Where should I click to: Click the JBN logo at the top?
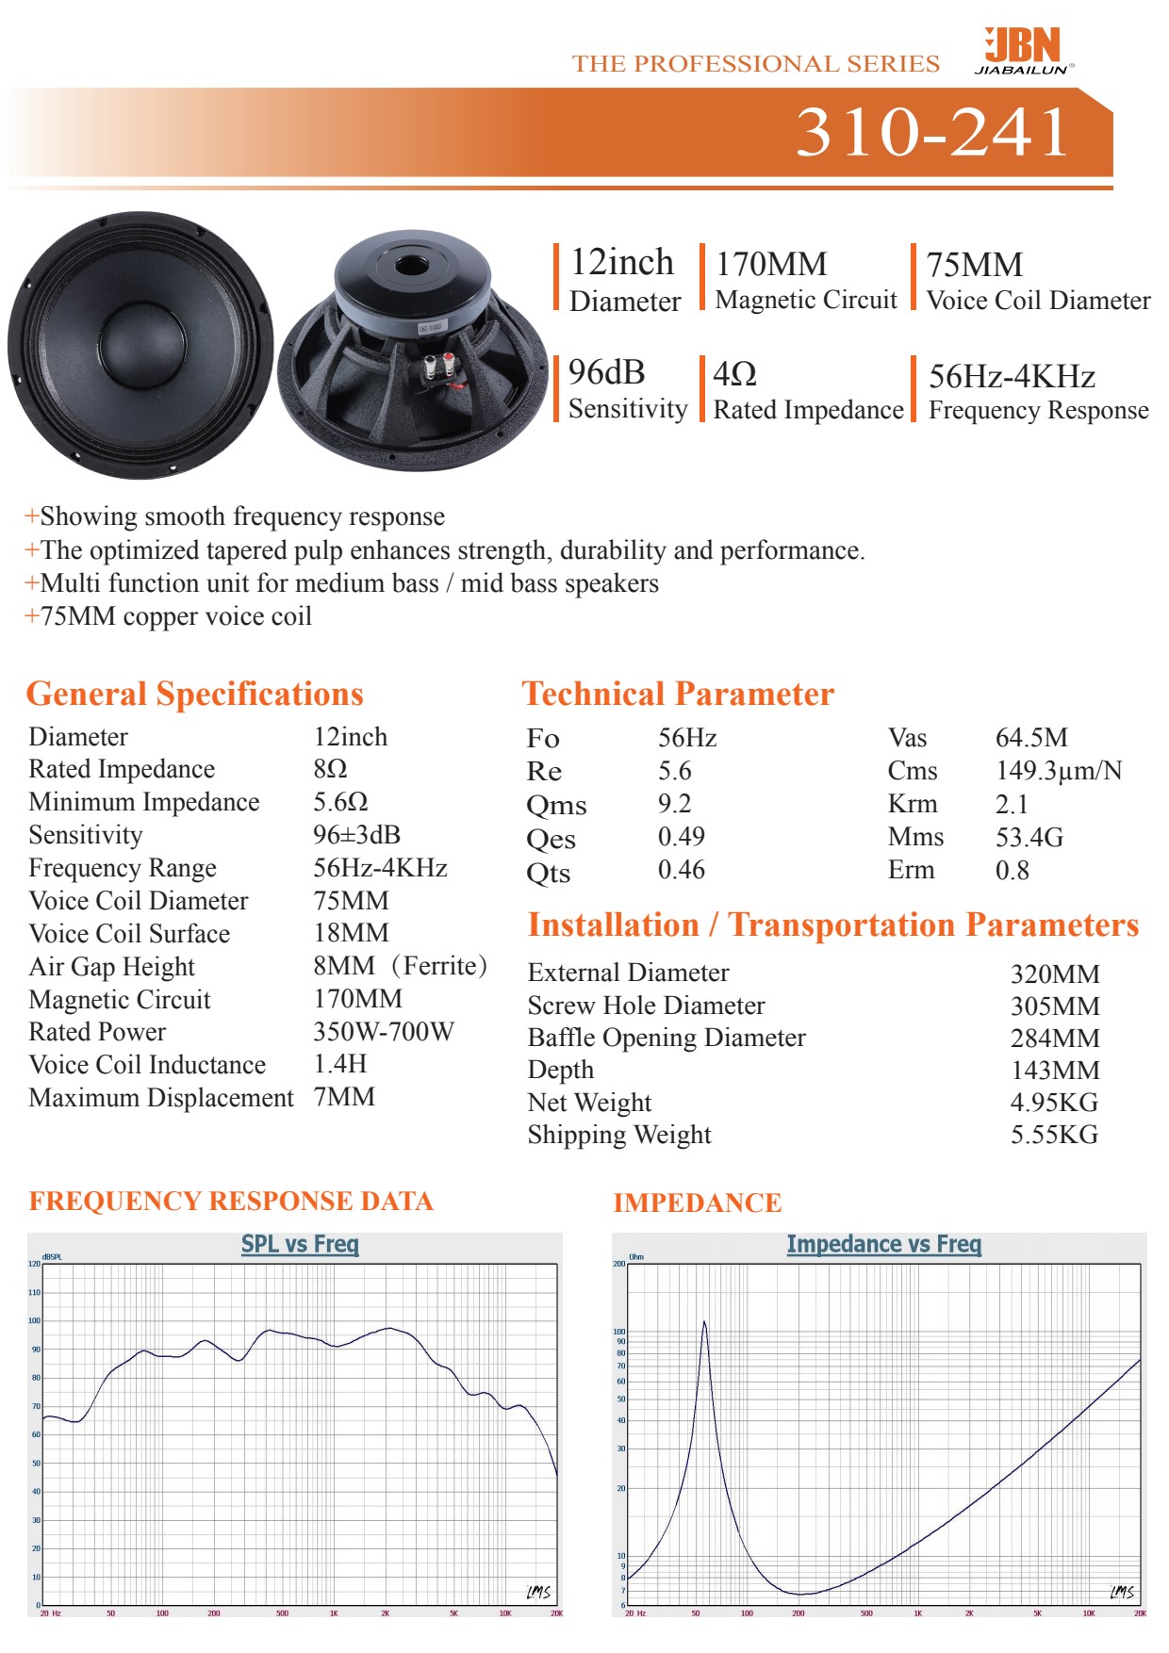click(1023, 49)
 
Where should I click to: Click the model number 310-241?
click(932, 132)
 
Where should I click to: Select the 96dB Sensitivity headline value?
click(607, 373)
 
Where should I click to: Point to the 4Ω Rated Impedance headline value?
click(735, 374)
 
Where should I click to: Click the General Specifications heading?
click(194, 694)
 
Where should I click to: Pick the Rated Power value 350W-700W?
click(383, 1032)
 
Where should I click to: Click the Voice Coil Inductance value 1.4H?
click(339, 1064)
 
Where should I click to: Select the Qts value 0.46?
click(681, 870)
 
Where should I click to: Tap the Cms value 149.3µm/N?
click(1058, 771)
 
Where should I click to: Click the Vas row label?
click(907, 738)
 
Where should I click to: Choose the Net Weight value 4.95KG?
click(1054, 1103)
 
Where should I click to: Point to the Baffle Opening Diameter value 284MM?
click(1054, 1039)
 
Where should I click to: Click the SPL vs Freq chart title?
click(300, 1244)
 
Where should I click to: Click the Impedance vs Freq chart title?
click(883, 1245)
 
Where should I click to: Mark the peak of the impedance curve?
click(703, 1323)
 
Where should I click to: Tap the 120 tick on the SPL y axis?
click(35, 1264)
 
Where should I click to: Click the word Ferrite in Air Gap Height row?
click(439, 966)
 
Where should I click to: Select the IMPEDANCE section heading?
click(697, 1203)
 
